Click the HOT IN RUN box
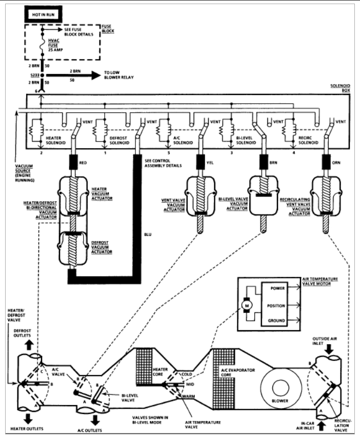[x=44, y=14]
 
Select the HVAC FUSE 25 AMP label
[x=55, y=45]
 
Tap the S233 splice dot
[x=42, y=75]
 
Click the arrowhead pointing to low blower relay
[x=96, y=75]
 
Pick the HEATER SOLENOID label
[x=55, y=141]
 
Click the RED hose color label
[x=83, y=163]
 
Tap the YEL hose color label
[x=210, y=163]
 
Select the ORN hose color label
[x=336, y=163]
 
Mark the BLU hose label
[x=148, y=234]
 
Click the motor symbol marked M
[x=247, y=306]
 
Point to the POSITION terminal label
[x=276, y=306]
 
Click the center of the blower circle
[x=281, y=388]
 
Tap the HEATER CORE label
[x=160, y=372]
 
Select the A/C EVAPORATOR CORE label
[x=238, y=372]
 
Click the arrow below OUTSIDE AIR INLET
[x=329, y=349]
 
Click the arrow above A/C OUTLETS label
[x=95, y=420]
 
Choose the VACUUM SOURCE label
[x=25, y=173]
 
